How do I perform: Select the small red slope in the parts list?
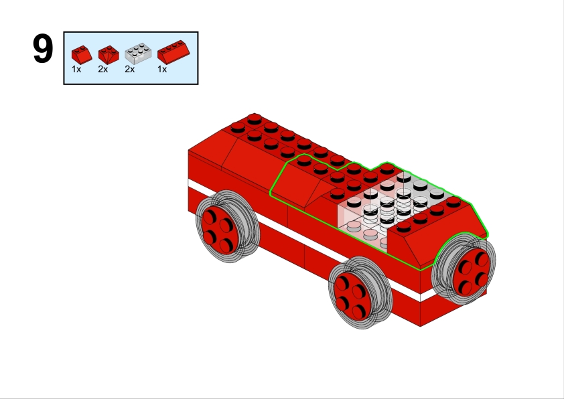(82, 55)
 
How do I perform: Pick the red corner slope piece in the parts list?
(109, 55)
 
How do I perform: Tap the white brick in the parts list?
(138, 54)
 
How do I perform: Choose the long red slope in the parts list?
(173, 52)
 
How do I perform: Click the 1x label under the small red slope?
(76, 69)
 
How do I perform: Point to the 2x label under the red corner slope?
(103, 69)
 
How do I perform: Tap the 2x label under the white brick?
(129, 69)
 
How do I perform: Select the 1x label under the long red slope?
(162, 69)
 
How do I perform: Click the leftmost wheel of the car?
(227, 226)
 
